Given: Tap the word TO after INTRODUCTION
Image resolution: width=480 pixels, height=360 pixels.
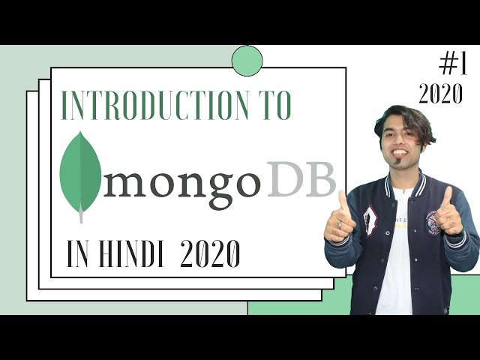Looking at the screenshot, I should pyautogui.click(x=271, y=106).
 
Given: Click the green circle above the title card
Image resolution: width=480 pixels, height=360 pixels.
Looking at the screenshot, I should pyautogui.click(x=247, y=61).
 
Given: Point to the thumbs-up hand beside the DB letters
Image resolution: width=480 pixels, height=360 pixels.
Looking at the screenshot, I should pyautogui.click(x=340, y=220).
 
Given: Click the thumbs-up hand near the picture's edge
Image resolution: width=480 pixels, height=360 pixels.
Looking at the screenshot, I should pyautogui.click(x=449, y=213).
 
